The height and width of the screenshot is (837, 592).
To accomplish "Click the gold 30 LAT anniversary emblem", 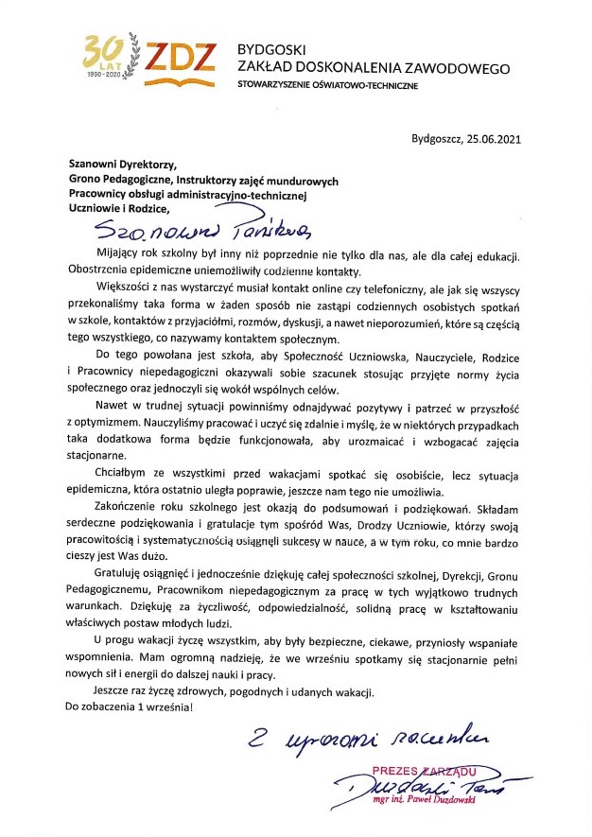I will [108, 58].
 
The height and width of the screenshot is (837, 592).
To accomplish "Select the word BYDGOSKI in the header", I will [268, 48].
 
